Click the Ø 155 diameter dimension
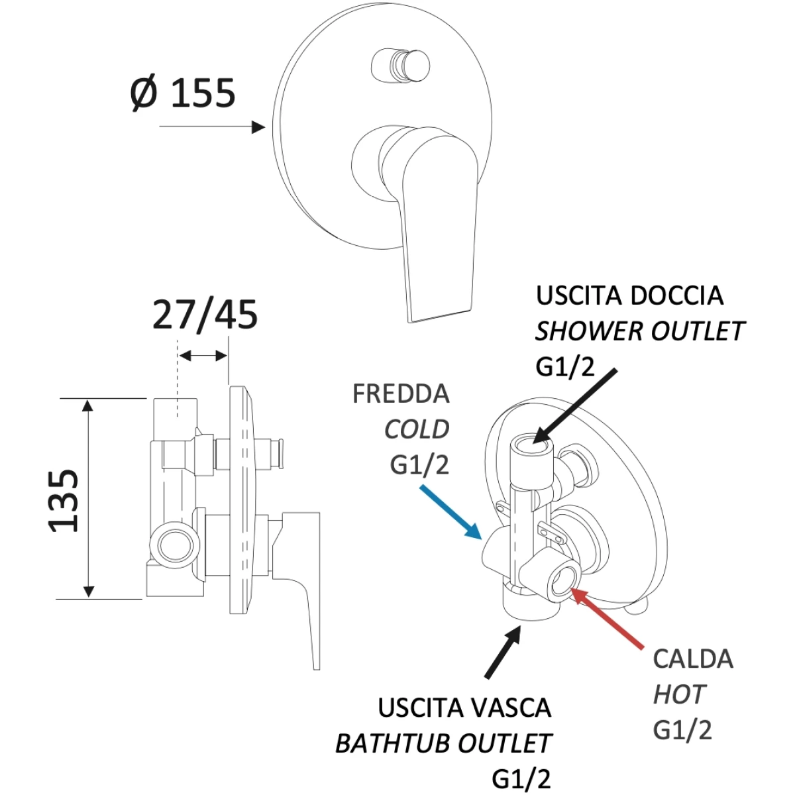click(183, 93)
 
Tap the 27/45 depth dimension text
click(205, 315)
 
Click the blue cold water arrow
click(451, 512)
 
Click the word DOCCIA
click(676, 296)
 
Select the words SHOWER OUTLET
click(640, 331)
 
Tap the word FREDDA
click(401, 394)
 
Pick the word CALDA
click(693, 671)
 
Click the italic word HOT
click(679, 706)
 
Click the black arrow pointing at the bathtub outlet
click(503, 657)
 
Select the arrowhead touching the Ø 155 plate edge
click(258, 127)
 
